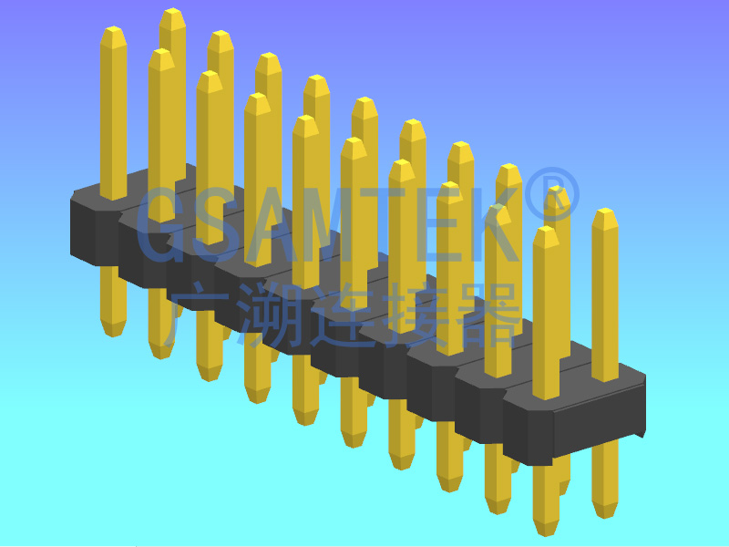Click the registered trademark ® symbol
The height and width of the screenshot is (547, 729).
pyautogui.click(x=552, y=195)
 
